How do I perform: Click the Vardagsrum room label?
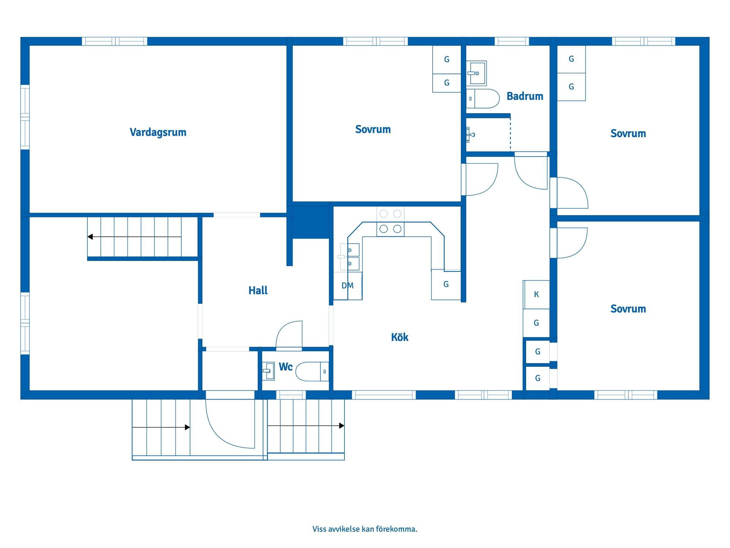158,132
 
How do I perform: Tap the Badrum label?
525,96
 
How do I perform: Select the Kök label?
400,337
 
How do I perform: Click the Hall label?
258,290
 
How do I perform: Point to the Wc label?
286,366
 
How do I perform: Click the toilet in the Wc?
312,371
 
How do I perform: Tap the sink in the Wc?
269,371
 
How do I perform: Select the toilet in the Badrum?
483,99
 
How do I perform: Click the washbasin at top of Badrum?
477,73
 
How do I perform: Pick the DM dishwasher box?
348,285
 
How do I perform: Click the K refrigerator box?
536,294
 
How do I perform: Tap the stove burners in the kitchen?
390,221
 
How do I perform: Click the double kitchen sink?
349,257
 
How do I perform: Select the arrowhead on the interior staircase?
90,237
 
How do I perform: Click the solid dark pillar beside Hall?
311,222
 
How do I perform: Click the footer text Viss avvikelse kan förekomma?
365,529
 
